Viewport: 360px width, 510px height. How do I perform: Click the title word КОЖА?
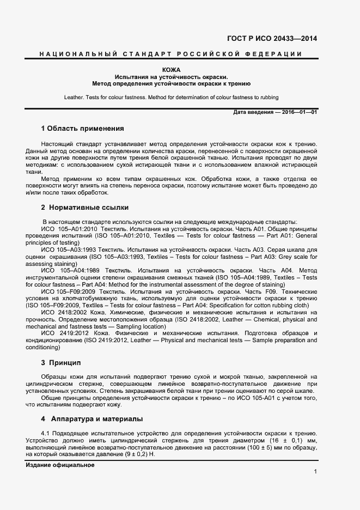point(171,70)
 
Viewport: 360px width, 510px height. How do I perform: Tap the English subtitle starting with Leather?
point(171,98)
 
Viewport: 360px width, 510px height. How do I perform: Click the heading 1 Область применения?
point(83,129)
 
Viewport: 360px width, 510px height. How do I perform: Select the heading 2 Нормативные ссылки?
point(85,208)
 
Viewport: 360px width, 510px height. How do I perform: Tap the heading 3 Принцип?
point(61,362)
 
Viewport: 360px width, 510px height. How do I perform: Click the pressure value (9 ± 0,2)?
point(135,454)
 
